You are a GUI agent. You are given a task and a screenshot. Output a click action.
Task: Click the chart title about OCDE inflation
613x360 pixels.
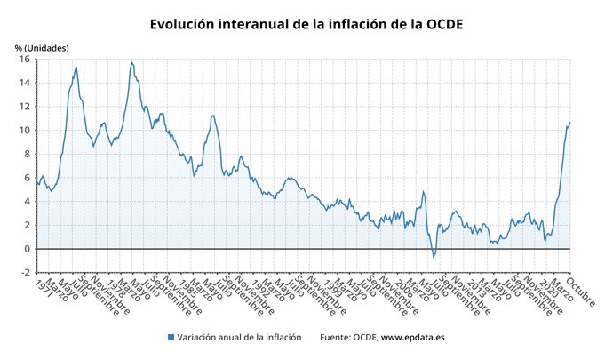click(x=306, y=24)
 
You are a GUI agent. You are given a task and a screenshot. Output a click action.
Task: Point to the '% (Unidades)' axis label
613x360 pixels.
click(x=41, y=47)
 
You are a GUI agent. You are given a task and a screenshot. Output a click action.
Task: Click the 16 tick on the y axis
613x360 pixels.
click(x=25, y=60)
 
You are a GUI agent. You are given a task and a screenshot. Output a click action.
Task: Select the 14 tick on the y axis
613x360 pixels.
click(x=25, y=83)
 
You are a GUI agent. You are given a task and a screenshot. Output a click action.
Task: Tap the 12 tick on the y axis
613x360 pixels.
click(x=25, y=107)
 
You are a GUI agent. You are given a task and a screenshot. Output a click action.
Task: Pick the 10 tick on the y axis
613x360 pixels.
click(x=25, y=131)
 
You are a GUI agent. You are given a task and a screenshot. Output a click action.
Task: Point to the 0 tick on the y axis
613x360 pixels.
click(x=28, y=249)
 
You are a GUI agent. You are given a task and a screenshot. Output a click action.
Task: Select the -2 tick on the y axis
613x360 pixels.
click(x=26, y=272)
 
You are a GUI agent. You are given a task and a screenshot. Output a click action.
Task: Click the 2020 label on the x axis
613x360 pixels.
click(x=545, y=289)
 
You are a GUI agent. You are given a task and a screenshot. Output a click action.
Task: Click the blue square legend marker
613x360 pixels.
click(x=170, y=338)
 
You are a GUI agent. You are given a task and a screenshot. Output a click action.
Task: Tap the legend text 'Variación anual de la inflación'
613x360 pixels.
click(x=239, y=338)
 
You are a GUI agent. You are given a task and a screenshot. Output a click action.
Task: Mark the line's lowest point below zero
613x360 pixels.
click(x=434, y=258)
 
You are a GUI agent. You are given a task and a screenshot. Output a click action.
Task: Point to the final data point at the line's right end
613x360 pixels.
click(x=569, y=122)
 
